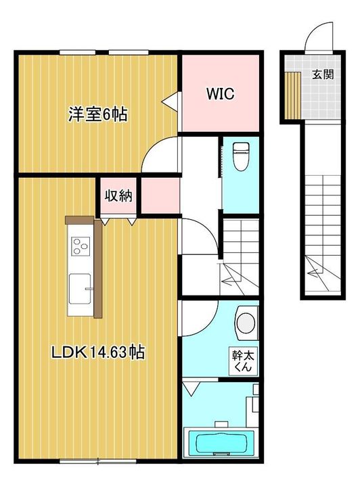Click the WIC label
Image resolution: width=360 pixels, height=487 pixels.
point(221,93)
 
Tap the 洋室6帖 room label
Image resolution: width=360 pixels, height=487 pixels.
point(98,114)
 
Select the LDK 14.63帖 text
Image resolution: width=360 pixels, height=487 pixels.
point(98,352)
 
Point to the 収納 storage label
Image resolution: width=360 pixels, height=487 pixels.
point(118,195)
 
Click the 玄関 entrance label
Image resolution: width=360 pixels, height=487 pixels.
point(323,74)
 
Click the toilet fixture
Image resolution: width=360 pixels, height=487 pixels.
point(241,156)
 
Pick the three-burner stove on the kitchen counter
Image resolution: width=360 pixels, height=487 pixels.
point(81,246)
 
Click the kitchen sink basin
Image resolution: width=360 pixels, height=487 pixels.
point(80,289)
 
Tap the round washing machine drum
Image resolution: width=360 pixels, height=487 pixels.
point(247,323)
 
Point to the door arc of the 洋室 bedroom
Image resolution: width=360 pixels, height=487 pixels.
point(156,149)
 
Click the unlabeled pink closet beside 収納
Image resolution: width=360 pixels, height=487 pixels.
point(160,195)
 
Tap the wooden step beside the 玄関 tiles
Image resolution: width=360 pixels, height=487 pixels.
point(293,95)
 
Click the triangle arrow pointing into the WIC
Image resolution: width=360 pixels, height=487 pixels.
point(170,101)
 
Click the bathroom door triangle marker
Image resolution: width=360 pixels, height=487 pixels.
point(192,388)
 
